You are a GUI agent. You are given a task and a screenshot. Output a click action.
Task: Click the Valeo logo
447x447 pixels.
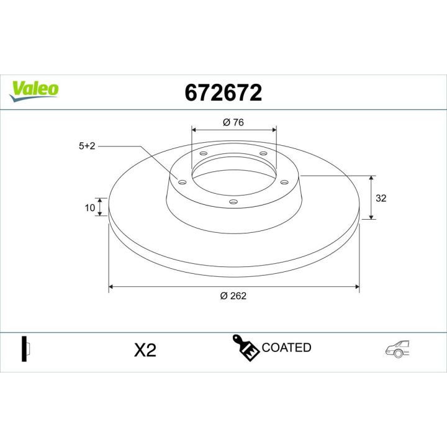click(x=35, y=89)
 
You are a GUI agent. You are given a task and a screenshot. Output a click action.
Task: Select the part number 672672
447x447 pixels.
click(x=223, y=93)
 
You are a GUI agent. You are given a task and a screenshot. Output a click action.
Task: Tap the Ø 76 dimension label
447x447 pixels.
click(x=233, y=122)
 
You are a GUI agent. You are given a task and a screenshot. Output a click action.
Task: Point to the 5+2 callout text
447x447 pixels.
click(x=87, y=146)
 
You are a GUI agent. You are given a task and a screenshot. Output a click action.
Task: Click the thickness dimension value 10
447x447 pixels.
click(x=90, y=207)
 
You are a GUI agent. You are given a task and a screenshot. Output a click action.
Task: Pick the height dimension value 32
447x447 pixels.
click(x=381, y=198)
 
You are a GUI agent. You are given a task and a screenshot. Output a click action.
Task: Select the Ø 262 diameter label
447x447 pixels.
click(x=233, y=296)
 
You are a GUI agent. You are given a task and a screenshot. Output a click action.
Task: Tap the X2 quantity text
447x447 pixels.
click(x=145, y=351)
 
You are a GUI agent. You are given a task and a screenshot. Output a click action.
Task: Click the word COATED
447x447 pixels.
click(x=286, y=348)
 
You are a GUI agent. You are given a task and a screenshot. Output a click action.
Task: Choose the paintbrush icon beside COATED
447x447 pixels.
click(x=245, y=348)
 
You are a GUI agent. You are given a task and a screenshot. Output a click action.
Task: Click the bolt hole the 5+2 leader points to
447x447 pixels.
click(x=182, y=182)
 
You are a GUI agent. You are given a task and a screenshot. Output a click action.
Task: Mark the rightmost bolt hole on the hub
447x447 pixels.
click(x=285, y=182)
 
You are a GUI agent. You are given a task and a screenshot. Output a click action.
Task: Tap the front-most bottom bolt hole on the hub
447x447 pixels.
click(x=233, y=201)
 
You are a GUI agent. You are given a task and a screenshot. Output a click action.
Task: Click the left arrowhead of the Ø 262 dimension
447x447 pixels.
click(x=112, y=287)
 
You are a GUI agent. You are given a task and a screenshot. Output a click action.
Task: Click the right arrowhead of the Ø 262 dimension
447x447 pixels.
click(x=356, y=287)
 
